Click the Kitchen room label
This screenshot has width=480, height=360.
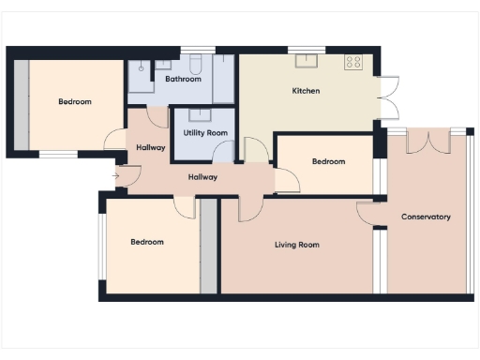(307, 91)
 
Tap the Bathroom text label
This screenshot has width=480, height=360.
(183, 79)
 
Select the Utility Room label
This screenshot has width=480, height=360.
(205, 133)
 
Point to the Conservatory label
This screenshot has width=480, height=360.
(426, 217)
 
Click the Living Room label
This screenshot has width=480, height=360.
(296, 245)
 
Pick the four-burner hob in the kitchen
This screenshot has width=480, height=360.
(353, 62)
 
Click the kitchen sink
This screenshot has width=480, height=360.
(306, 61)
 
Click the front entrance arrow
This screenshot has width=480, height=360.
(115, 175)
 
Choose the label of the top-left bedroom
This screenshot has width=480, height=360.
(75, 101)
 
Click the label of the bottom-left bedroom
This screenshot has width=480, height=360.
(147, 242)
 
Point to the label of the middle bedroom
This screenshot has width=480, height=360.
(328, 161)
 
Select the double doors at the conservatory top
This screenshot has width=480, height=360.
(427, 142)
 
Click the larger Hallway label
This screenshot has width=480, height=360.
(202, 176)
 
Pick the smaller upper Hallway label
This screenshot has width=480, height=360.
(151, 147)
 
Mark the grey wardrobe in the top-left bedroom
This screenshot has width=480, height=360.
(20, 105)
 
